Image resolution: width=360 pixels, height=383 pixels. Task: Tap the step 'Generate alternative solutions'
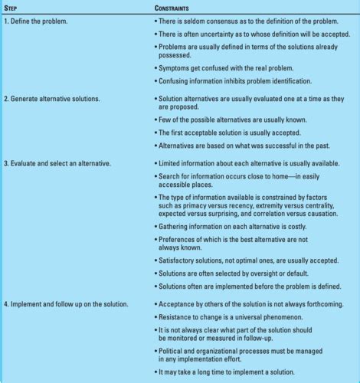(56, 100)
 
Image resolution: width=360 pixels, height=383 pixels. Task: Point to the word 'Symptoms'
(175, 67)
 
